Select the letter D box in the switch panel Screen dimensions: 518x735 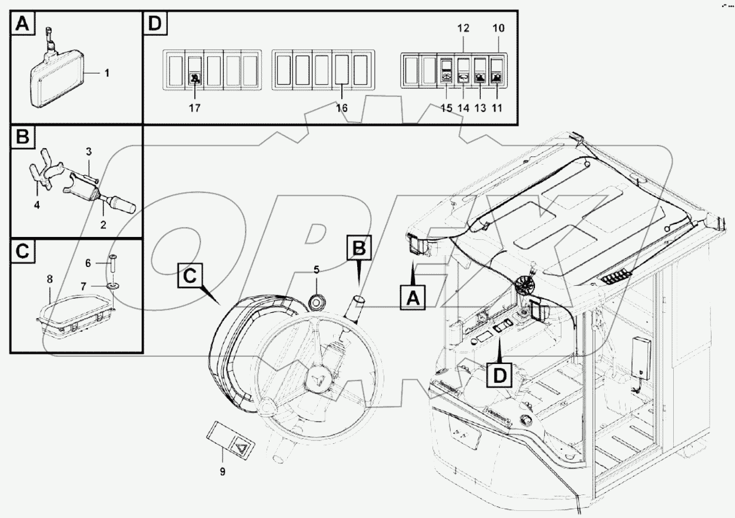(x=155, y=24)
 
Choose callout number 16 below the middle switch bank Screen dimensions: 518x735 (x=341, y=108)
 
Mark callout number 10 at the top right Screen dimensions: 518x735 (x=498, y=28)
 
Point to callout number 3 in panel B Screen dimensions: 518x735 (x=89, y=152)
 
